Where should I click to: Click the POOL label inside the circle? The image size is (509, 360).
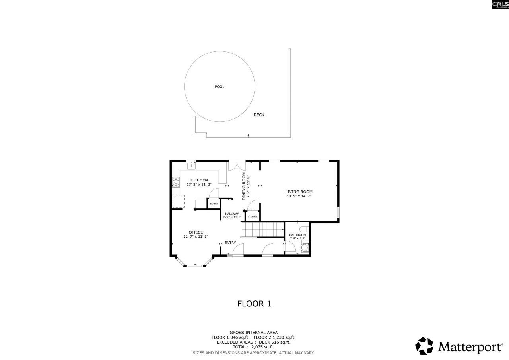tap(220, 86)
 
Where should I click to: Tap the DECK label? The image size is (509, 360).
tap(259, 115)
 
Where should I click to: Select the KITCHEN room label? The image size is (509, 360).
tap(199, 180)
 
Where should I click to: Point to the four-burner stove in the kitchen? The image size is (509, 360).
tap(175, 182)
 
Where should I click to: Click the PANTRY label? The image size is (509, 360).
tap(214, 204)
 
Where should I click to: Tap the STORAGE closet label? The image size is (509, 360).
tap(253, 216)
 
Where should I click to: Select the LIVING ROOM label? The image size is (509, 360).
tap(299, 192)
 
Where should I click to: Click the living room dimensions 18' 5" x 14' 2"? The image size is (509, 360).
tap(299, 196)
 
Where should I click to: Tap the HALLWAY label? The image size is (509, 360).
tap(232, 214)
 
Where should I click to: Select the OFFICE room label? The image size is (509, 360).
tap(196, 232)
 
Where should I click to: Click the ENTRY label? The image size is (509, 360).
tap(230, 243)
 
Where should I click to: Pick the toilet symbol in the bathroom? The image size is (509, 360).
tap(305, 229)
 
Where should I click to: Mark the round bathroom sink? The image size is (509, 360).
tap(305, 247)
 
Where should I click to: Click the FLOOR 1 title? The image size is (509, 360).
tap(254, 304)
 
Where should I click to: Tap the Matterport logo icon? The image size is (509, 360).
tap(424, 346)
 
